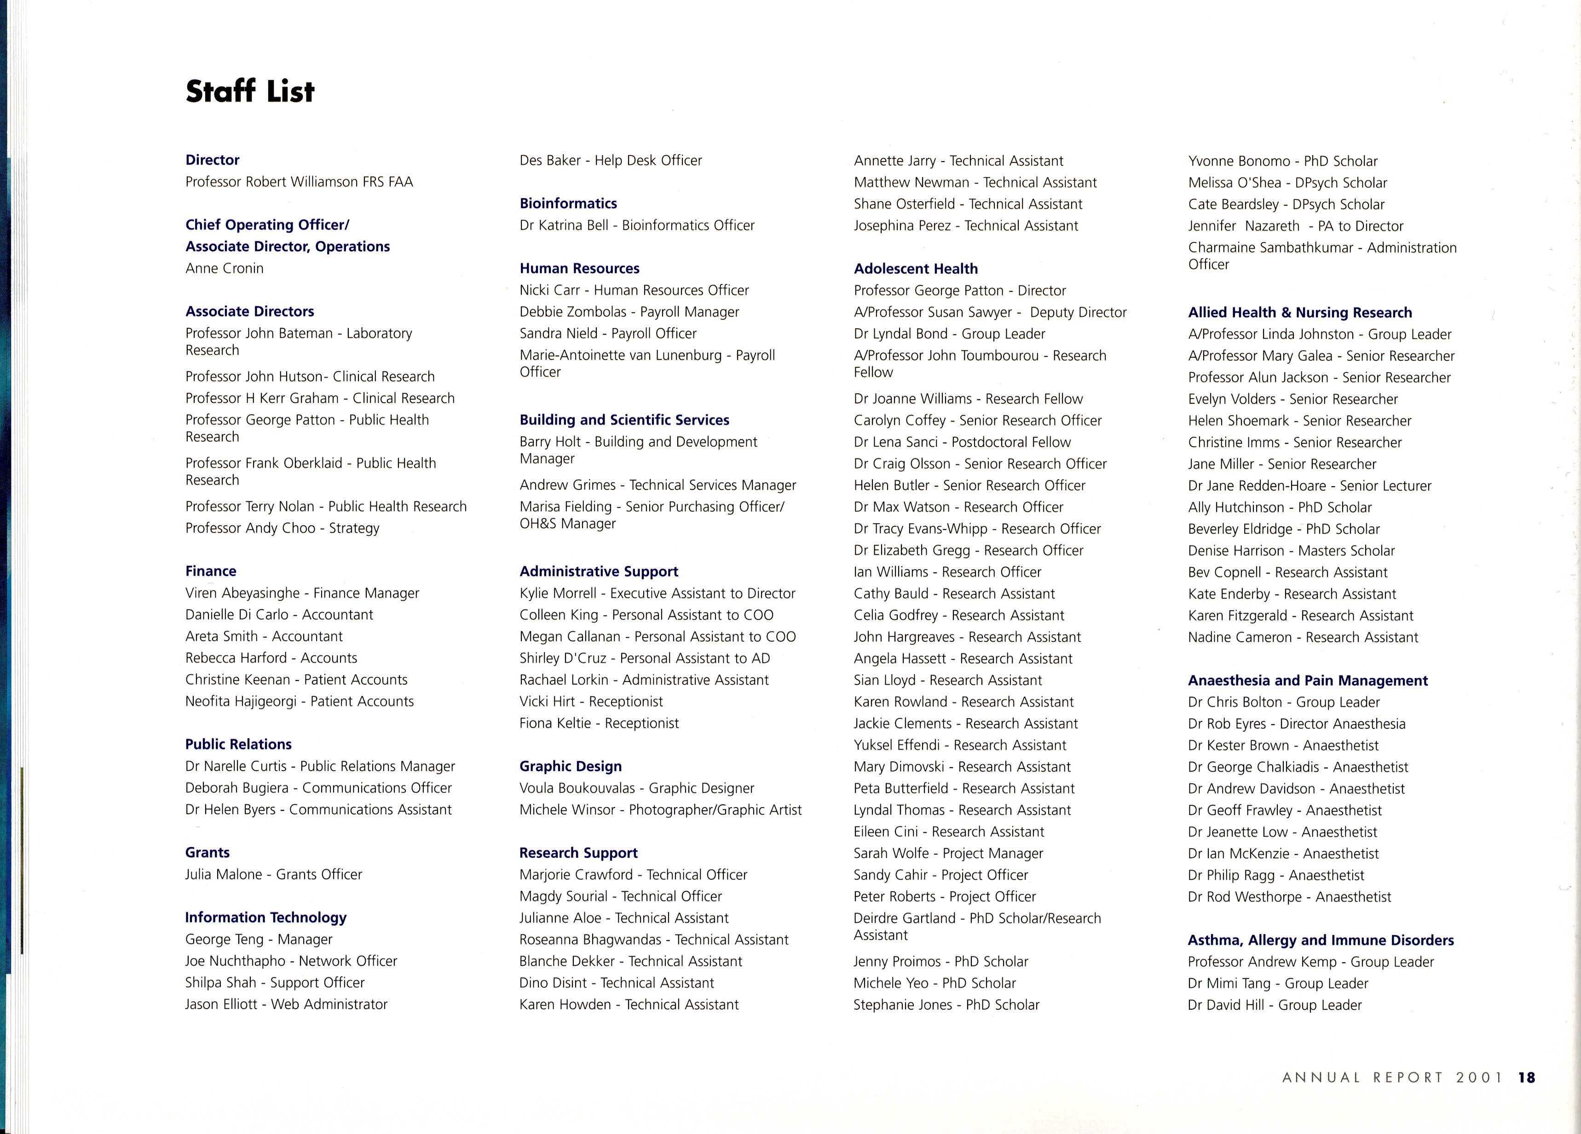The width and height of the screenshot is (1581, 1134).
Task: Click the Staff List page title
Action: (x=249, y=91)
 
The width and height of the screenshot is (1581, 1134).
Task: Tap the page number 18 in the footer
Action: (x=1527, y=1077)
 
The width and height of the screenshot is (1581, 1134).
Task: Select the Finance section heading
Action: (x=211, y=571)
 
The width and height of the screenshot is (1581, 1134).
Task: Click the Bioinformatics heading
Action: (x=568, y=204)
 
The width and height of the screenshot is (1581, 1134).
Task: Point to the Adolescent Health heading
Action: (x=915, y=268)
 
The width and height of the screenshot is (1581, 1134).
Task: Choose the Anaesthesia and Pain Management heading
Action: (x=1308, y=680)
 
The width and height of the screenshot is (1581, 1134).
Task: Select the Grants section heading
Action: (x=207, y=852)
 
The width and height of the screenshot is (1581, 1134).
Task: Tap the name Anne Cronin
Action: (x=225, y=268)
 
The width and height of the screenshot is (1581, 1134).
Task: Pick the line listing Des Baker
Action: (x=610, y=160)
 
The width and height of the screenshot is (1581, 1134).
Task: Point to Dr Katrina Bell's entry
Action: (x=636, y=225)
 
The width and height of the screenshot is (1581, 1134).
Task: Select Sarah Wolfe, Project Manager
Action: (x=948, y=853)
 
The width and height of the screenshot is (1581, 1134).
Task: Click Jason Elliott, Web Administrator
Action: (x=286, y=1004)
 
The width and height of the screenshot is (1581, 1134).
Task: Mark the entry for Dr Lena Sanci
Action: (x=962, y=442)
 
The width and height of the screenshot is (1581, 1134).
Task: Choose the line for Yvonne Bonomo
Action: (x=1283, y=161)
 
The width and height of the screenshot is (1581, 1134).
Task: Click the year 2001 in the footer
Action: (x=1479, y=1077)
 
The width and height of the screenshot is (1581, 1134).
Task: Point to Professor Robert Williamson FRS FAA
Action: (x=299, y=182)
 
